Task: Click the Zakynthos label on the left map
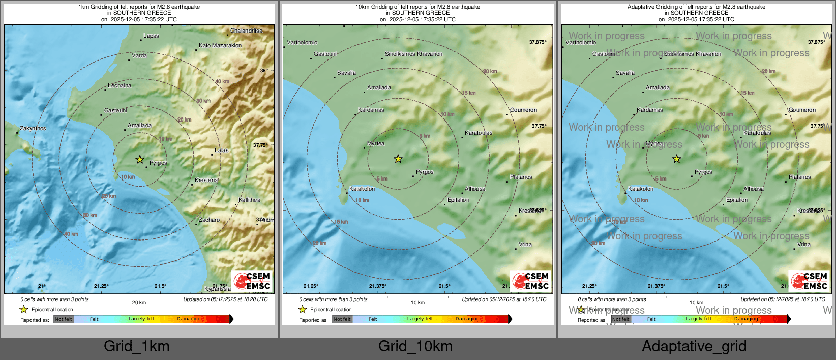pyautogui.click(x=33, y=129)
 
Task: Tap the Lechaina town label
pyautogui.click(x=120, y=86)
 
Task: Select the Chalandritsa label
pyautogui.click(x=246, y=31)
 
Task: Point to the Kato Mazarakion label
pyautogui.click(x=220, y=46)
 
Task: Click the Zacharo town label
pyautogui.click(x=210, y=220)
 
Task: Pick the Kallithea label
pyautogui.click(x=249, y=200)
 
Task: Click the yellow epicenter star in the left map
pyautogui.click(x=140, y=160)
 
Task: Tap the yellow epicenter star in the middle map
pyautogui.click(x=398, y=159)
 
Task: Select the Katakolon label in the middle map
pyautogui.click(x=362, y=189)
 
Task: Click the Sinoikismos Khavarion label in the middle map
pyautogui.click(x=413, y=54)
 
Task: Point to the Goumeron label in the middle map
pyautogui.click(x=523, y=110)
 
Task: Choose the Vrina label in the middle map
pyautogui.click(x=525, y=245)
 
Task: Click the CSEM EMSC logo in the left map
pyautogui.click(x=253, y=281)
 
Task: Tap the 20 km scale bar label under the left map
pyautogui.click(x=139, y=303)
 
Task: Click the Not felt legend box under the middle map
pyautogui.click(x=342, y=319)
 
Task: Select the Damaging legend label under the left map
pyautogui.click(x=189, y=319)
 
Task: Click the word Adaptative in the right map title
pyautogui.click(x=642, y=7)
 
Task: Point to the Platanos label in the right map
pyautogui.click(x=800, y=177)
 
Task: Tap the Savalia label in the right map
pyautogui.click(x=625, y=73)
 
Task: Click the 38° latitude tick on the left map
pyautogui.click(x=263, y=71)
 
